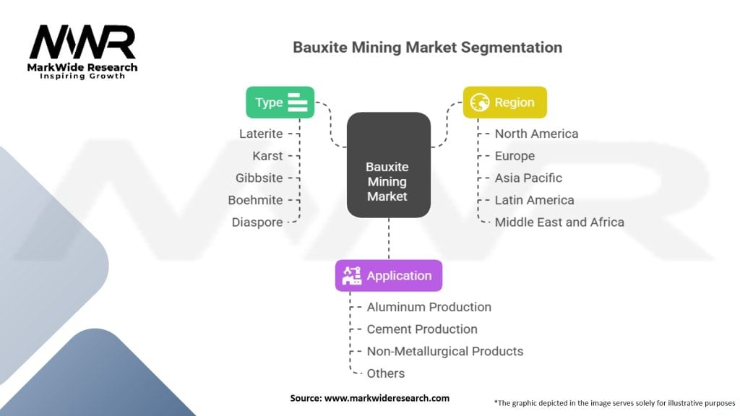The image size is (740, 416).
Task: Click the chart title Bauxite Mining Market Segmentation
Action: coord(427,48)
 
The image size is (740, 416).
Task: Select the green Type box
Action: coord(280,103)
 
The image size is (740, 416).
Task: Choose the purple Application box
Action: coord(388,276)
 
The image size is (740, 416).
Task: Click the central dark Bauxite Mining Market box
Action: coord(388,165)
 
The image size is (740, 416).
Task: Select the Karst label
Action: coord(267,156)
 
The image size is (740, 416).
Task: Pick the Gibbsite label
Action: coord(259,178)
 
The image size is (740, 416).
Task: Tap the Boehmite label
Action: coord(255,200)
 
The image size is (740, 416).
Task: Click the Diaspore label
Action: coord(257,222)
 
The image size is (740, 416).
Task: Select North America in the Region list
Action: coord(536,134)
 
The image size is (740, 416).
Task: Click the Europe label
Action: coord(515,156)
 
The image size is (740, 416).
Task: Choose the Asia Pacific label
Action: coord(528,178)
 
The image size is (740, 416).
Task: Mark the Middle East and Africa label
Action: coord(559,222)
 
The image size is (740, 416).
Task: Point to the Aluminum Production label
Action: coord(429,307)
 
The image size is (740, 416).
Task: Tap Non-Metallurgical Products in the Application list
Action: coord(444,351)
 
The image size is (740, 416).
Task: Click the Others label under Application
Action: coord(385,373)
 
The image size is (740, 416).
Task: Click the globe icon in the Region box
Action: coord(479,103)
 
